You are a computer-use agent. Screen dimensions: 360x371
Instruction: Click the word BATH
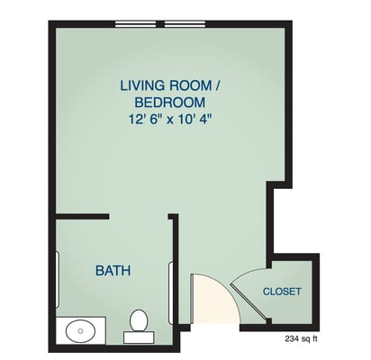coord(113,270)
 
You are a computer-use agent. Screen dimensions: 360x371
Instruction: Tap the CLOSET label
coord(282,292)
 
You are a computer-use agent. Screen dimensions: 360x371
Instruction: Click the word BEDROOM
coord(171,102)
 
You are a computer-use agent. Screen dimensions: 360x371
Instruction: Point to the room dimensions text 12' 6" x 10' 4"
coord(171,118)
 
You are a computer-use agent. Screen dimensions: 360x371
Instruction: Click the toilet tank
coord(139,338)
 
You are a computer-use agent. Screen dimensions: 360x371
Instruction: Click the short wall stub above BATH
coord(83,217)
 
